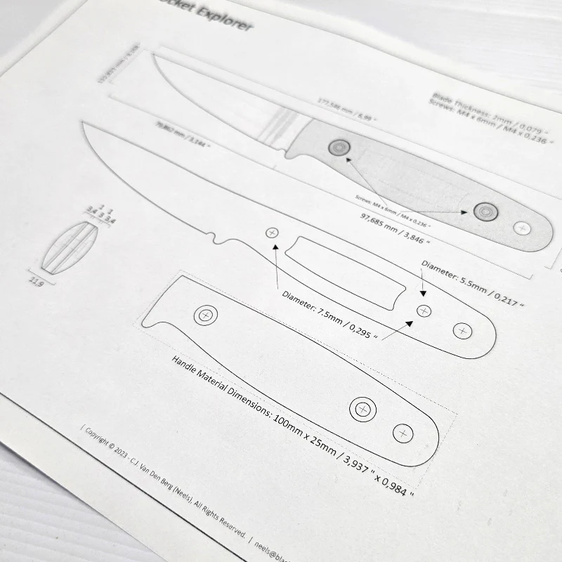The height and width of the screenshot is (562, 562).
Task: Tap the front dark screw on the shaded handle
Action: tap(339, 148)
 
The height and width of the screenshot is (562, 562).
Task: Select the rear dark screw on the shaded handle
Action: tap(485, 211)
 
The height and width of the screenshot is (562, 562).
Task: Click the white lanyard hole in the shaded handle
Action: tap(522, 228)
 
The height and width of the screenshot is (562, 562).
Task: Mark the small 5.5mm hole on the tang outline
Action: tap(424, 311)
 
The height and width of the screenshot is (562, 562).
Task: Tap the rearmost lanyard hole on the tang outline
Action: tap(462, 330)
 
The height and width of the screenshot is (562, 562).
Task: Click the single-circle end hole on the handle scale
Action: tap(403, 433)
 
